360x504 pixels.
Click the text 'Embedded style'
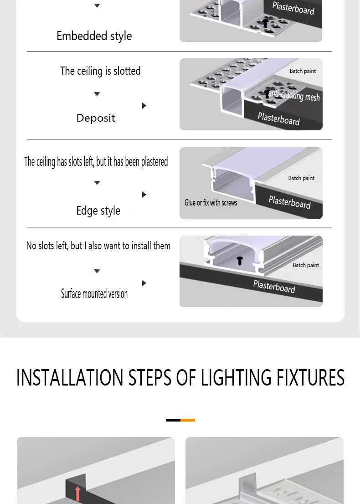[x=94, y=36]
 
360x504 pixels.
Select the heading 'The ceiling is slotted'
[x=100, y=71]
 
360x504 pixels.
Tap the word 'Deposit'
[x=96, y=118]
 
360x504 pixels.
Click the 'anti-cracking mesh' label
[x=294, y=96]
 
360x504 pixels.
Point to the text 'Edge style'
[x=98, y=211]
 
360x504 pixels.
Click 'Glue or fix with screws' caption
[x=211, y=203]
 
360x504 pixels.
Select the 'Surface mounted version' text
[x=94, y=294]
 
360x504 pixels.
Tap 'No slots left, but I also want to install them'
[x=98, y=246]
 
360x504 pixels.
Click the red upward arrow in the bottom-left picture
[x=78, y=493]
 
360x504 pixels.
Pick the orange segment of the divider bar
[x=188, y=420]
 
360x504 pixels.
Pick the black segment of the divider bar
[x=173, y=420]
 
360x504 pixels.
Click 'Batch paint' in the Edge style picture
[x=301, y=178]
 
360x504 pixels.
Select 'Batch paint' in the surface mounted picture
[x=306, y=265]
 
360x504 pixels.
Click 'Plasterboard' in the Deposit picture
[x=278, y=118]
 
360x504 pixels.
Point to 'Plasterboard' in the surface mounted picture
[x=274, y=287]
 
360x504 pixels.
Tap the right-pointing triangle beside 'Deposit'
[x=144, y=106]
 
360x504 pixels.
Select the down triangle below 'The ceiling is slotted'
[x=97, y=94]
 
